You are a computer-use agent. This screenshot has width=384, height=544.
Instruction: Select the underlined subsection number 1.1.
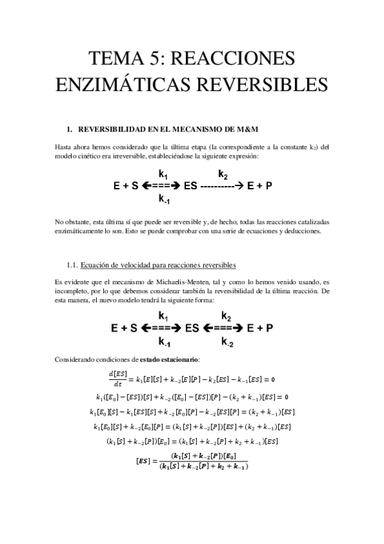[72, 265]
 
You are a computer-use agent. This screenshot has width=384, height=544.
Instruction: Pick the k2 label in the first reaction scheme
[222, 174]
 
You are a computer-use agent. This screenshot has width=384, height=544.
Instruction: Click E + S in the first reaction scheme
[125, 187]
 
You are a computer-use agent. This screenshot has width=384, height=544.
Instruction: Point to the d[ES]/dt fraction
[116, 375]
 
